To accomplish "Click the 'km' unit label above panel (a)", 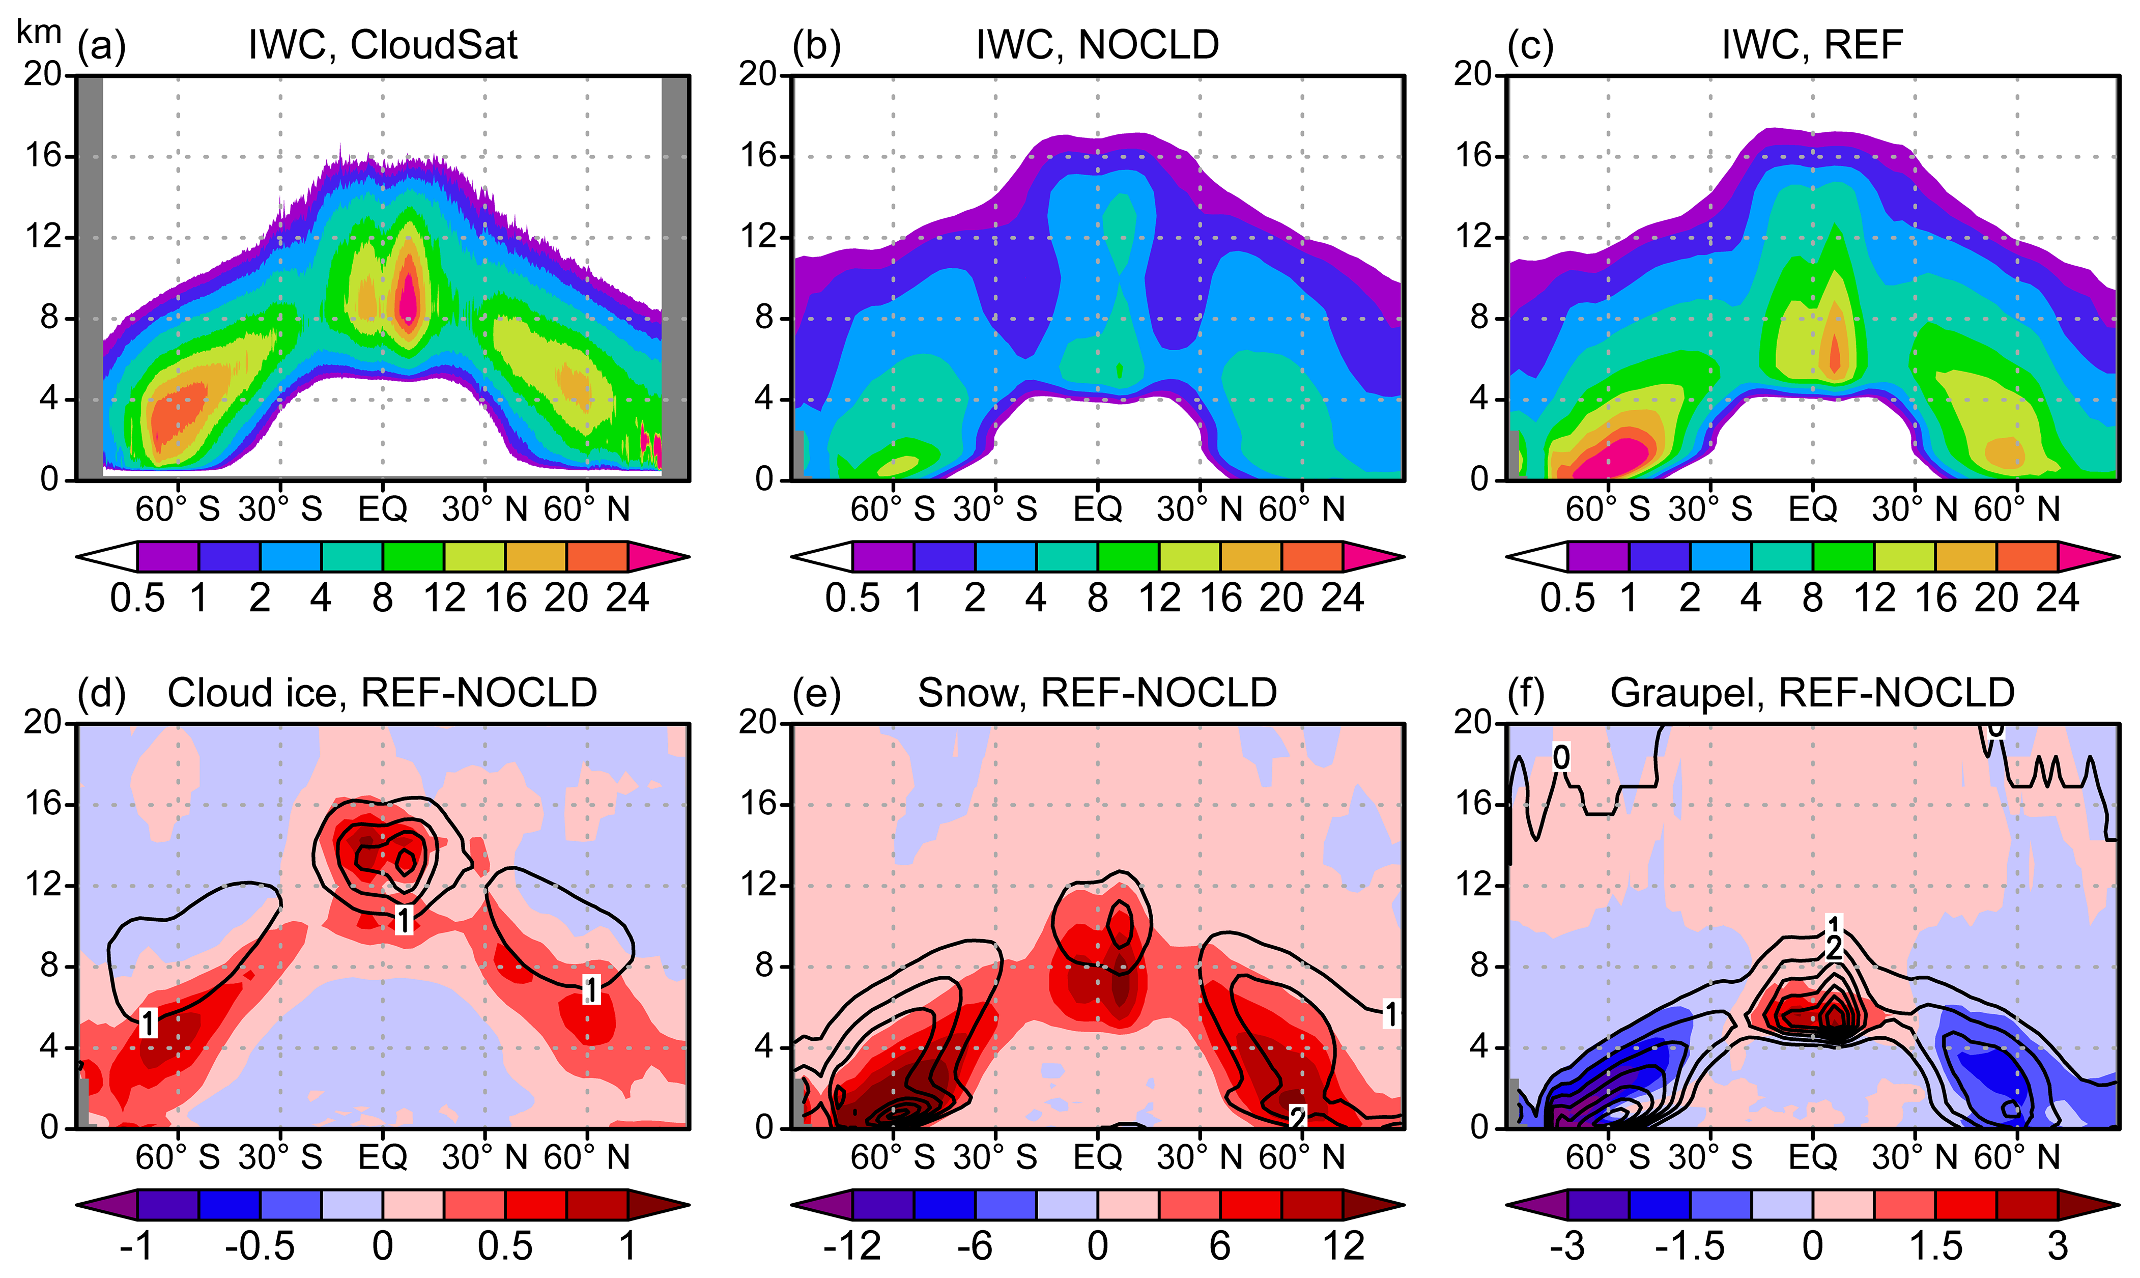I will click(39, 32).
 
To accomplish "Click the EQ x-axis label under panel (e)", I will click(1097, 1157).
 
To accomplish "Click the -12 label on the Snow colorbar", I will click(852, 1246).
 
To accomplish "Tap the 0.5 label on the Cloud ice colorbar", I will click(505, 1246).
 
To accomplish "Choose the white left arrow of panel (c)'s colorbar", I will click(1536, 557).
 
